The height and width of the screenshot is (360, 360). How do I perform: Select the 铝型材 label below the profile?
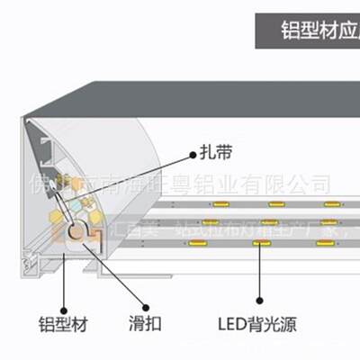coord(63,322)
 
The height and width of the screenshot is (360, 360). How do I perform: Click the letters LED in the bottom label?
coord(233,322)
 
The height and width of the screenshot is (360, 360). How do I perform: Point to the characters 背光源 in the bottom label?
coord(274,322)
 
